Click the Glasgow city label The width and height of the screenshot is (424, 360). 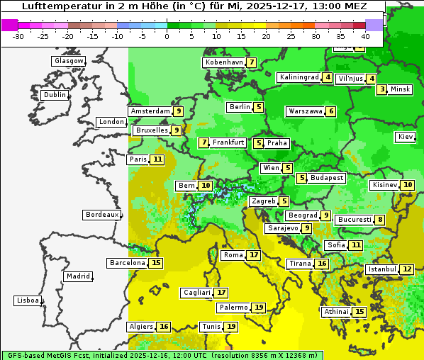(68, 61)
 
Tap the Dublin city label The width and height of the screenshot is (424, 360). (54, 95)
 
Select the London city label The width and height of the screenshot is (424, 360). (111, 122)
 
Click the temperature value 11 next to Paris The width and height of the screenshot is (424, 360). (157, 159)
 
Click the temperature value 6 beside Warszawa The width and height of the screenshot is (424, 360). (330, 111)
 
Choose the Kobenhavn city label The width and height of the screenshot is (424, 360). (223, 62)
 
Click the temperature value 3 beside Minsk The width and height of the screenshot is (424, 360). (382, 89)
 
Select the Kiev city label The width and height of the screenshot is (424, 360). (406, 137)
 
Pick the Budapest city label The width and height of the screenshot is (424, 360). (326, 178)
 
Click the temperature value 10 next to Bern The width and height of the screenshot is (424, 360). (206, 186)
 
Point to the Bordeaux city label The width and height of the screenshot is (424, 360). (101, 215)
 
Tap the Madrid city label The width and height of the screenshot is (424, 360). (77, 276)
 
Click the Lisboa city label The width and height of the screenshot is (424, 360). (28, 300)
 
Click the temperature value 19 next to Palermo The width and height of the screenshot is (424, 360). (260, 308)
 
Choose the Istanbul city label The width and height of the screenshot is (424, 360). (382, 269)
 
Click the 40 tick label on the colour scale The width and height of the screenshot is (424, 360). (365, 35)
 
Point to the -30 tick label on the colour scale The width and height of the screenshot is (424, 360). (18, 35)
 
